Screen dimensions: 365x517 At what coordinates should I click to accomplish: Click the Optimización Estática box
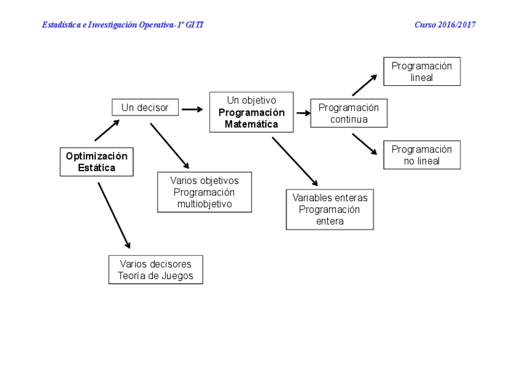(x=96, y=161)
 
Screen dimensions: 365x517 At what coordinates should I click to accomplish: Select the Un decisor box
(x=145, y=107)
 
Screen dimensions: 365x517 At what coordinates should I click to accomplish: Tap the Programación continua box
(x=349, y=113)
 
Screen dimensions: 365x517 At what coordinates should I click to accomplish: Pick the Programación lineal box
(x=422, y=71)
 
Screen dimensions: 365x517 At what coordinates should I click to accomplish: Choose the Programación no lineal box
(x=422, y=155)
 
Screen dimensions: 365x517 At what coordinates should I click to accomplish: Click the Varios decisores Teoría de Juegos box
(x=155, y=269)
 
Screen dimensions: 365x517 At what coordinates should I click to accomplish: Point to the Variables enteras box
(x=330, y=209)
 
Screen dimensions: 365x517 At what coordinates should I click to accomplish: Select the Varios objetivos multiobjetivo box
(x=204, y=192)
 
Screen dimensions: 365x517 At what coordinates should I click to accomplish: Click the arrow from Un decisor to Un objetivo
(x=192, y=110)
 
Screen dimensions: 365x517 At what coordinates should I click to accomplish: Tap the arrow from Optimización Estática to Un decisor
(x=107, y=130)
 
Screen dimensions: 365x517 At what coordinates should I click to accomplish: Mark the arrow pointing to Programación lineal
(x=364, y=85)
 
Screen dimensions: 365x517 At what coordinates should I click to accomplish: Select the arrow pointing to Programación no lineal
(x=364, y=144)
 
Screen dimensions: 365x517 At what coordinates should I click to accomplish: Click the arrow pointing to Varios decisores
(x=114, y=215)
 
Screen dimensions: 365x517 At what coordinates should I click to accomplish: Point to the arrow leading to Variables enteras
(x=294, y=161)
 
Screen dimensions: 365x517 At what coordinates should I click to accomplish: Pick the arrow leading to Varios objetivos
(x=169, y=146)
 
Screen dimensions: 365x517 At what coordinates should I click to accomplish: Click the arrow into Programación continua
(x=303, y=113)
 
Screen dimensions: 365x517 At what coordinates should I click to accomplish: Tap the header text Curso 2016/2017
(x=445, y=25)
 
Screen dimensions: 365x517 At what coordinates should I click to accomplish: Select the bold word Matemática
(x=251, y=124)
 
